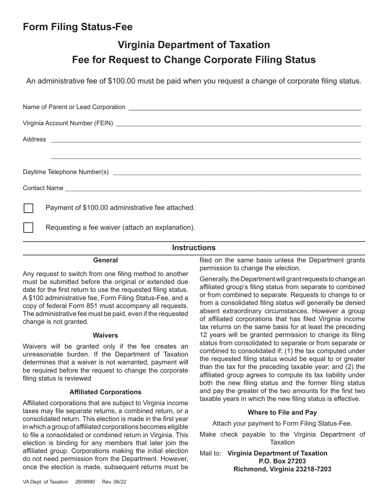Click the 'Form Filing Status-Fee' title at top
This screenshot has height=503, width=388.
click(78, 27)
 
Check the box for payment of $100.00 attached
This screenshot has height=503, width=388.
click(28, 208)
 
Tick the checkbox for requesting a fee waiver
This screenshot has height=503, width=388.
click(28, 227)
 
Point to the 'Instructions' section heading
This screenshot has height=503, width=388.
click(194, 248)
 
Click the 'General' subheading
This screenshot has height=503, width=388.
click(105, 260)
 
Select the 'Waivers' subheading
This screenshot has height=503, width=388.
click(105, 335)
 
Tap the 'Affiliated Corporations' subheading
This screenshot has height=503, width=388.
click(105, 392)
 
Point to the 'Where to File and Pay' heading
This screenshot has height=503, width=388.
click(282, 413)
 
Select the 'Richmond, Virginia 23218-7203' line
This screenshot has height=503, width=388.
click(282, 469)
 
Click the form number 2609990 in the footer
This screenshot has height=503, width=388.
click(85, 482)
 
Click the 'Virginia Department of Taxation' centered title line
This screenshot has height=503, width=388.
click(194, 45)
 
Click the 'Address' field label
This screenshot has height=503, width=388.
click(34, 139)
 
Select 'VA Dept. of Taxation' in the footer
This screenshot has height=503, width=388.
click(45, 482)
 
